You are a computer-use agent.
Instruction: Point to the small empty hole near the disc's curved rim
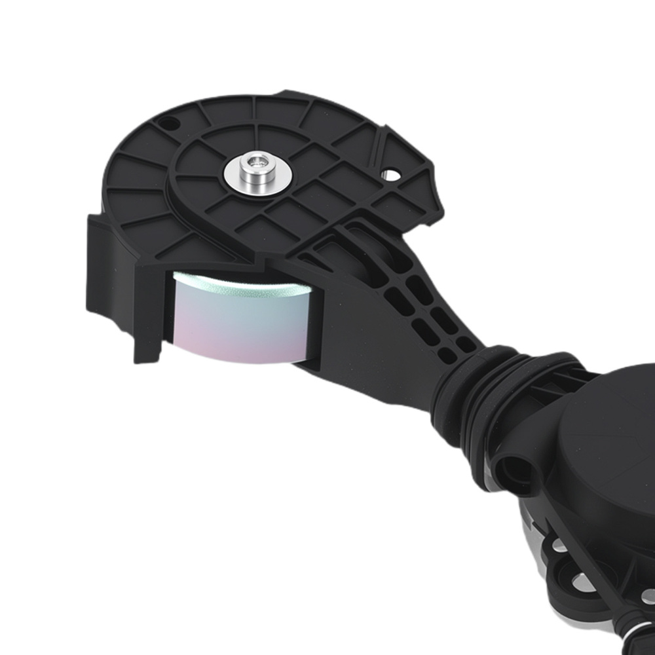169,122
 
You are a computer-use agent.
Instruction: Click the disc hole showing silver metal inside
391,175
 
